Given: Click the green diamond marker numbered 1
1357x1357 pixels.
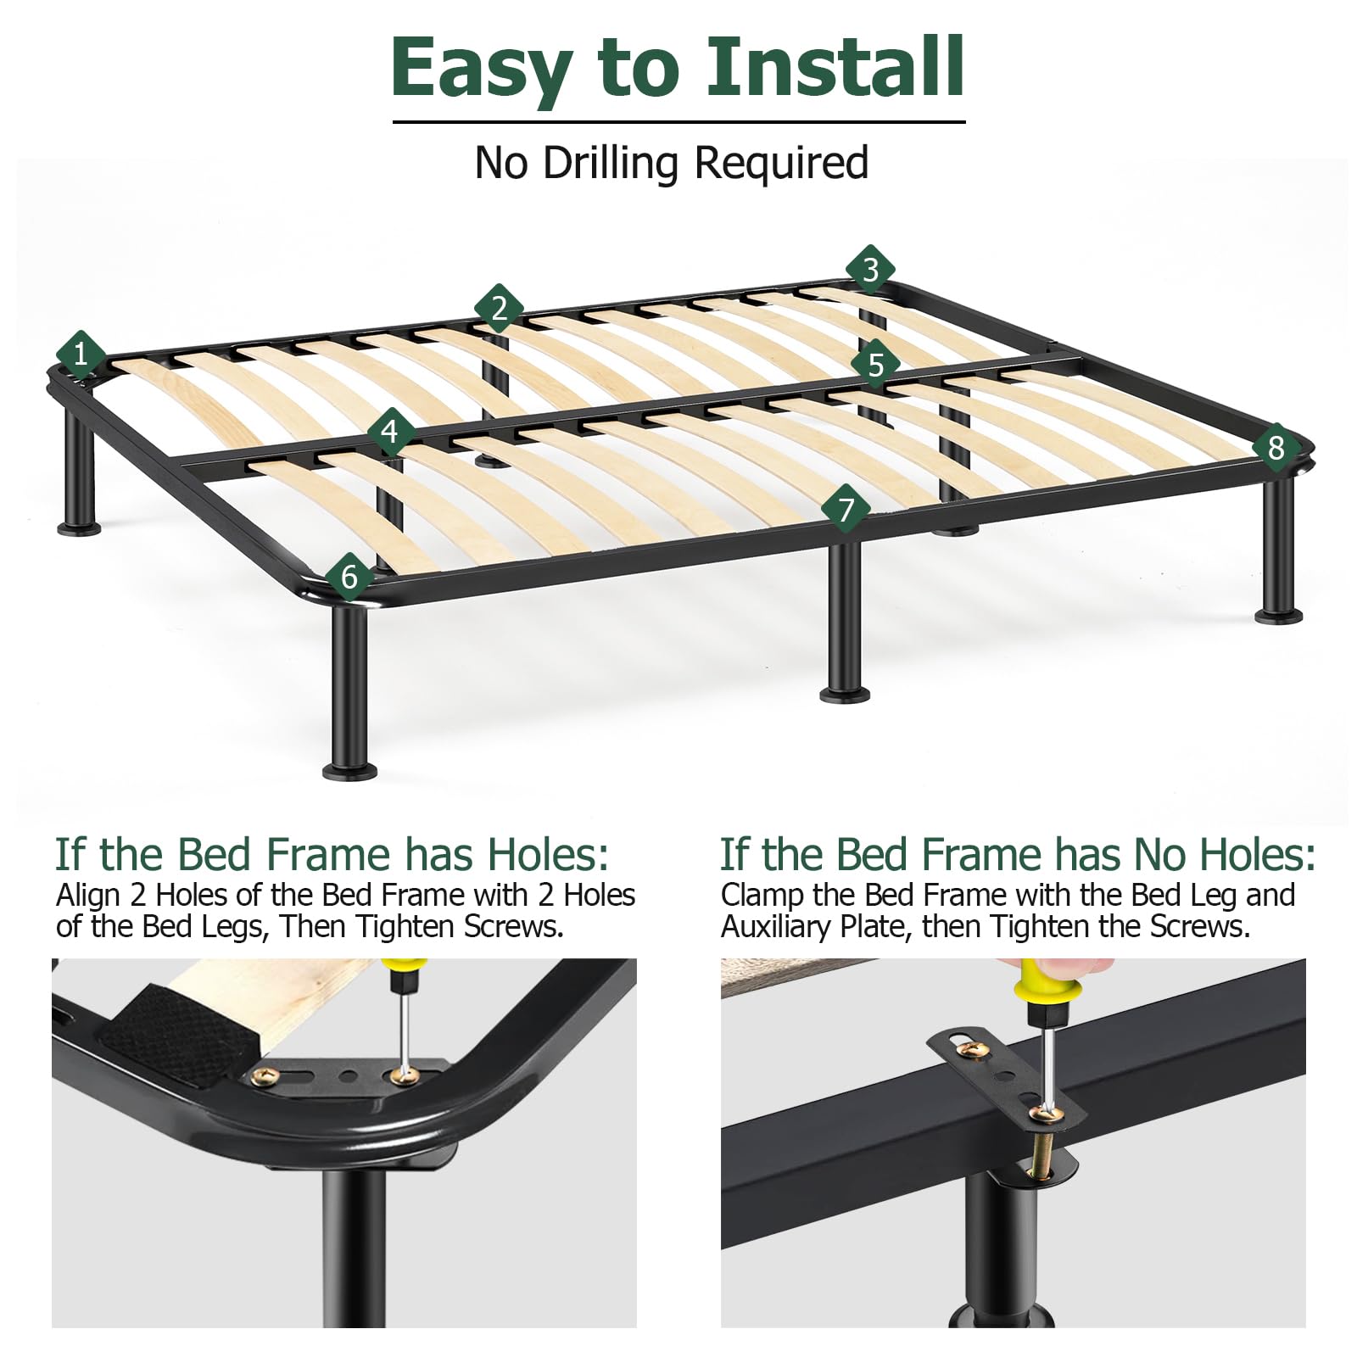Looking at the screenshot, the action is point(81,354).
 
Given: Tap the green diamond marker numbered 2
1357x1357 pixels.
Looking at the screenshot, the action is point(499,308).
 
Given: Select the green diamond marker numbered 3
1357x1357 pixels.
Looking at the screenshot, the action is point(870,270).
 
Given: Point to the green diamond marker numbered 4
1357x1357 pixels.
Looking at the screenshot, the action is point(390,433).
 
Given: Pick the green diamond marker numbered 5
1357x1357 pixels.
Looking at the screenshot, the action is point(876,364).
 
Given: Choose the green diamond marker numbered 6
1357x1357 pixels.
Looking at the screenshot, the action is point(349,577).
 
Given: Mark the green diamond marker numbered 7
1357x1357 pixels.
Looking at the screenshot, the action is point(846,509).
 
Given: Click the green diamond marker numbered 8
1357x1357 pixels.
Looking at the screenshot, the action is point(1276,447).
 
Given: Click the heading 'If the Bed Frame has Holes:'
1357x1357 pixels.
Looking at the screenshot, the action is point(332,854).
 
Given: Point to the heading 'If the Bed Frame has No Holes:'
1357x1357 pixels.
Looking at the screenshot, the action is point(1018,854).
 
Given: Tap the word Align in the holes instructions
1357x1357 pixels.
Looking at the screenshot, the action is point(88,896).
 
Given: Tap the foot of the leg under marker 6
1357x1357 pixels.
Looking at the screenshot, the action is point(349,771).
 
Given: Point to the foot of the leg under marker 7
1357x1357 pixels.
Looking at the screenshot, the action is point(845,695).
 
